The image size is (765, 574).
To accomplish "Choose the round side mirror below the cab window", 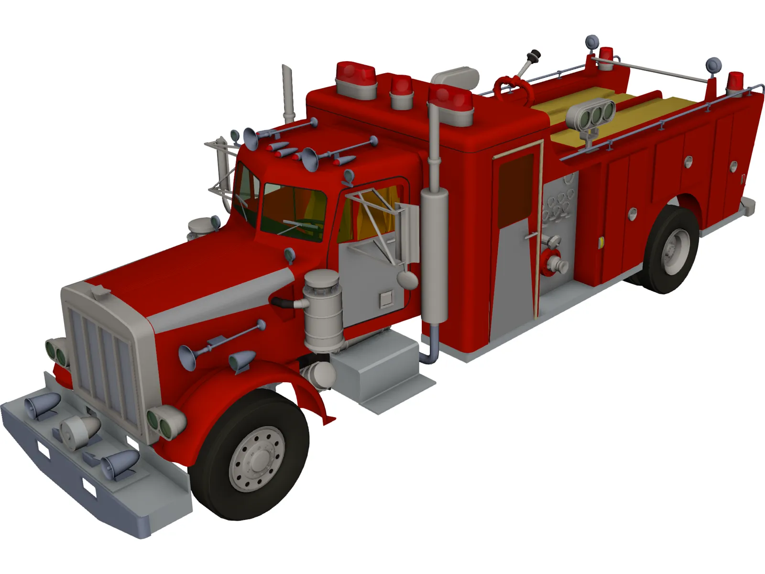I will (x=407, y=280).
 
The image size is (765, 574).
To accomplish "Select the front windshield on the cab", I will (x=293, y=210).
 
